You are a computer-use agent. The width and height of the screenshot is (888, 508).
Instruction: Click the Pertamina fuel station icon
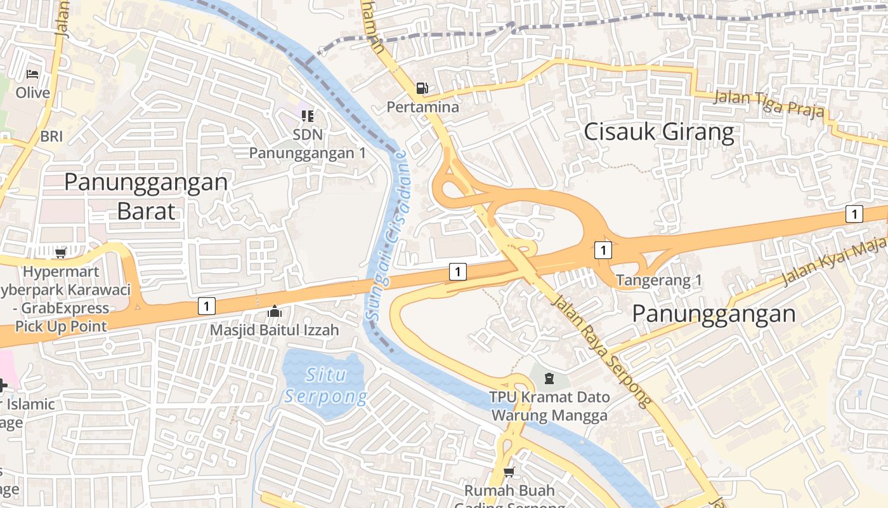pos(422,88)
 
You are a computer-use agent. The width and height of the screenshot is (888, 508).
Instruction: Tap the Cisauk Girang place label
pos(658,132)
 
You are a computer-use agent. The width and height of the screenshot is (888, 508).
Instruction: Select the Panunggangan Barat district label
pos(146,196)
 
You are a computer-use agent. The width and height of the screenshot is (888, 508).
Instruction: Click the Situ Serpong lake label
pos(326,385)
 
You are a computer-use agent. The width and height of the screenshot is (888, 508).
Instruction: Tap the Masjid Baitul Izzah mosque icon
pos(274,311)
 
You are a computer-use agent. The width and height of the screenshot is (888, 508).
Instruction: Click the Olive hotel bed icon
pos(32,74)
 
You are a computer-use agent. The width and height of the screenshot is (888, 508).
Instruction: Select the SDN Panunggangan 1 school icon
pos(308,116)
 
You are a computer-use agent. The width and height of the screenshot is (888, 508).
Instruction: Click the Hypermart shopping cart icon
pos(60,253)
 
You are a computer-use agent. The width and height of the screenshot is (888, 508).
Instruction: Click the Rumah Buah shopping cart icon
pos(509,472)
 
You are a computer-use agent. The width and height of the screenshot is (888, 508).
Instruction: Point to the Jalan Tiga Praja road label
pos(769,104)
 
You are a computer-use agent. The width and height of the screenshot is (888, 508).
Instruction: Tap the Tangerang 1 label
pos(659,280)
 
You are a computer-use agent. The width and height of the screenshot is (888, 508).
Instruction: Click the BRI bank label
pos(51,136)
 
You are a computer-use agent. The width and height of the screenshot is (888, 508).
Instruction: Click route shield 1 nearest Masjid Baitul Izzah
pos(206,306)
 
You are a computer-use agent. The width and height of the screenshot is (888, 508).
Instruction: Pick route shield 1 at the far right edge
pos(854,214)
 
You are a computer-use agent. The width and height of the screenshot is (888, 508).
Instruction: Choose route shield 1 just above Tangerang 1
pos(603,250)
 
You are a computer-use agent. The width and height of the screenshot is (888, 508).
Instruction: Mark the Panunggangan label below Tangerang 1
pos(714,314)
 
